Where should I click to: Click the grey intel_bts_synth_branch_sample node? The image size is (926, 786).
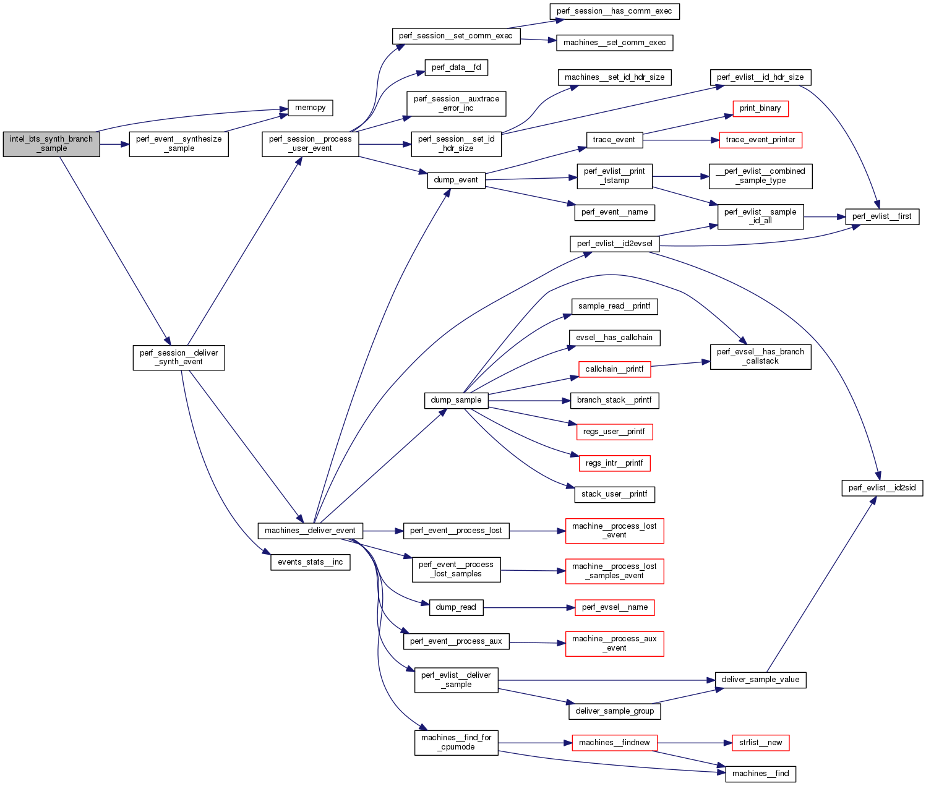click(x=51, y=144)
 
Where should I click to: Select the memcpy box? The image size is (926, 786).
click(x=311, y=108)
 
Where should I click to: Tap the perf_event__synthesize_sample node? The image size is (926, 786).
click(x=179, y=144)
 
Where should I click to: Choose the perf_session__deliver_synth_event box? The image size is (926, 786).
click(x=179, y=357)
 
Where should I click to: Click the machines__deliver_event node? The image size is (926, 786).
click(x=310, y=531)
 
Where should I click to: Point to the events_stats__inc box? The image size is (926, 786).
click(x=311, y=562)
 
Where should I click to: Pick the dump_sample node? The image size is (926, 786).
click(x=456, y=400)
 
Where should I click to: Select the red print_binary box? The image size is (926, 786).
click(x=760, y=108)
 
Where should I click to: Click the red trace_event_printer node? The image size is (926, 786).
click(x=760, y=140)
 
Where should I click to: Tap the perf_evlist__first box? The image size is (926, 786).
click(x=882, y=216)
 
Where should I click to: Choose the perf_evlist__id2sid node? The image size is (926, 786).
click(x=882, y=488)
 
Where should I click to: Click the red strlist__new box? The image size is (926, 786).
click(x=760, y=743)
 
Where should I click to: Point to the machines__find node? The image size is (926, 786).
click(x=760, y=774)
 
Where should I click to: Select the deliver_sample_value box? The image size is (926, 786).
click(x=760, y=680)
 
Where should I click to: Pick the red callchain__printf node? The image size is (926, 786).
click(x=614, y=369)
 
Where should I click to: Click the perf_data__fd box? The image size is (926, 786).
click(x=456, y=67)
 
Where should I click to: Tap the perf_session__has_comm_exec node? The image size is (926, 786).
click(x=614, y=11)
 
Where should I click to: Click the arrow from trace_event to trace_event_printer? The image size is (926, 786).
click(x=680, y=140)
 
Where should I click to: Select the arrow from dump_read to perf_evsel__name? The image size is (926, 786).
click(x=526, y=608)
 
